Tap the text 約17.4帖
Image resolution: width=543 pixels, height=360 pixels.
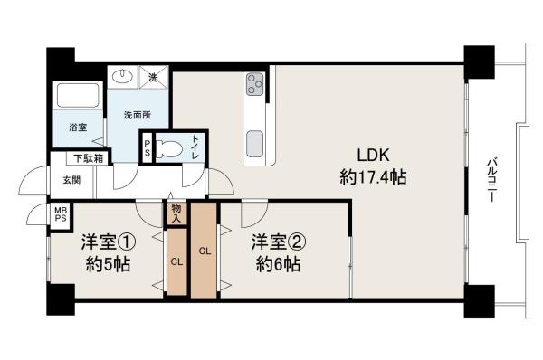coord(372,178)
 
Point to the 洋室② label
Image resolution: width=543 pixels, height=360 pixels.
coord(277,242)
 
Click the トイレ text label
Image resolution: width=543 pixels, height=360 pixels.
coord(194,146)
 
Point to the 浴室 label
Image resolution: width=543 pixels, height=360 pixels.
coord(79,128)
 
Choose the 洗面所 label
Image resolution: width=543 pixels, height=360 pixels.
coord(136,117)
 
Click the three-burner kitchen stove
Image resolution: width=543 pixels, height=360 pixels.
coord(253,84)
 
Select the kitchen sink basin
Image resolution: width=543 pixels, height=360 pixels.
coord(253,144)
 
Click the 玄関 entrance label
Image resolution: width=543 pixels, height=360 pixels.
coord(71,179)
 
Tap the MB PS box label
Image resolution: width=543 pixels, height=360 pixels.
coord(61,215)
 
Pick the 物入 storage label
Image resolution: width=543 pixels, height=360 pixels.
coord(176,213)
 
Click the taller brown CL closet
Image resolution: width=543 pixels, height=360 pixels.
coord(204,251)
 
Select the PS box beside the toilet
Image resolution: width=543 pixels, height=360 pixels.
coord(147,147)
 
